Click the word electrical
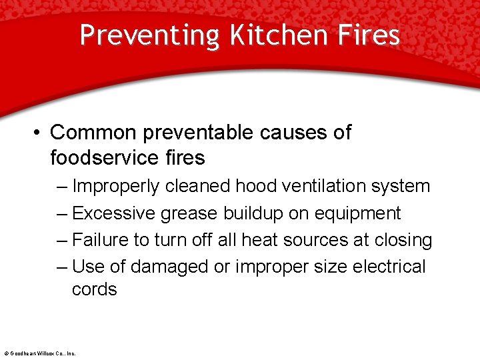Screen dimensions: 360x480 click(388, 267)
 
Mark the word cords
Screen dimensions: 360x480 click(95, 289)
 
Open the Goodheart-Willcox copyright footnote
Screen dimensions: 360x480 click(40, 353)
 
